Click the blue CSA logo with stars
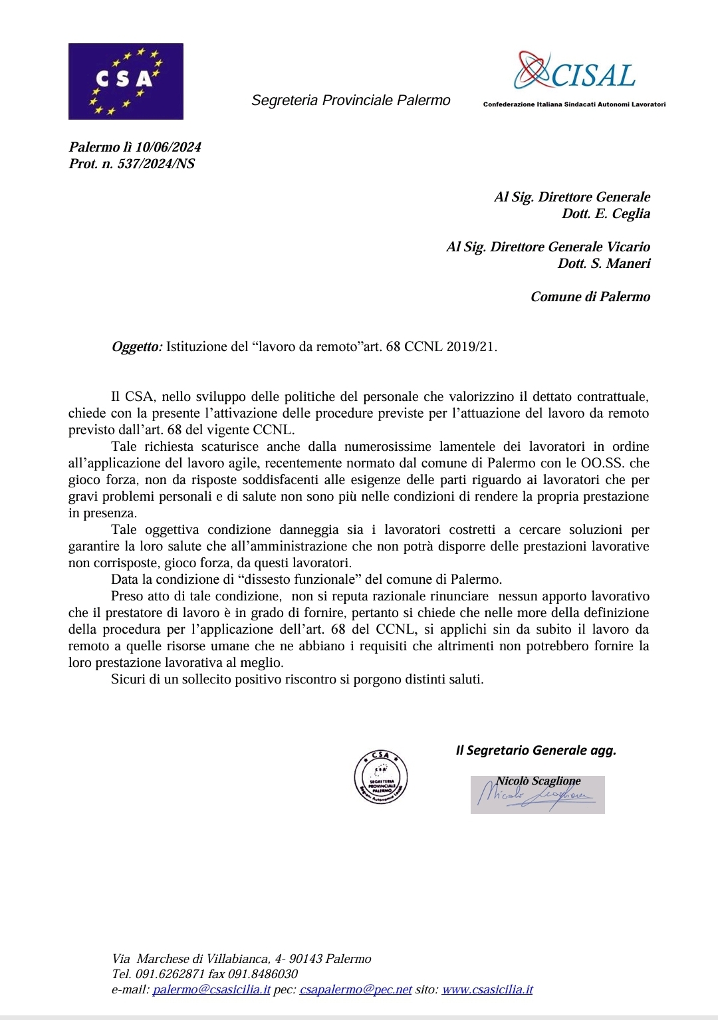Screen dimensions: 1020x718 click(x=126, y=81)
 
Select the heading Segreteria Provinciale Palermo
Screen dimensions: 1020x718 click(x=350, y=100)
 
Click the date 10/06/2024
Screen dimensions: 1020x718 click(x=168, y=147)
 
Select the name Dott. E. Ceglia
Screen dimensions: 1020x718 click(x=606, y=213)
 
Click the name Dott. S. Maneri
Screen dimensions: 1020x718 click(x=604, y=263)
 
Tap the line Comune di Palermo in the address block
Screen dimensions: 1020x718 click(x=590, y=297)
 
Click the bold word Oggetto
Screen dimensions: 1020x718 click(x=136, y=346)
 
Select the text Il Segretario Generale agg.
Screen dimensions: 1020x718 click(x=536, y=750)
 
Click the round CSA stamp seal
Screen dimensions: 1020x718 click(x=381, y=777)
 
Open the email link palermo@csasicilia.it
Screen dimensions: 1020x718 click(x=211, y=989)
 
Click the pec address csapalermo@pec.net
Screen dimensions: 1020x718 click(x=356, y=989)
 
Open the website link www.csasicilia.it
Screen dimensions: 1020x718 click(x=487, y=989)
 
